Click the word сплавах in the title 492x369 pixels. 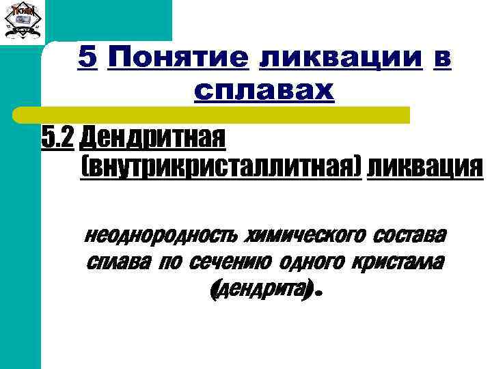tap(264, 90)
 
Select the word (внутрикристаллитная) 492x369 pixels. tap(220, 166)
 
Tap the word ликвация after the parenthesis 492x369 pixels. tap(424, 166)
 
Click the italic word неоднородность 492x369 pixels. tap(161, 236)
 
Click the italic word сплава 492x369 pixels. tap(117, 262)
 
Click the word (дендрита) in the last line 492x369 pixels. tap(261, 290)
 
